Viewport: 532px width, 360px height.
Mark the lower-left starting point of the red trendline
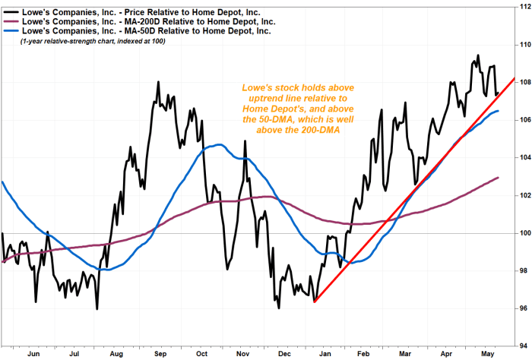[x=314, y=302]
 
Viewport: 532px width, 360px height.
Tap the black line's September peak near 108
[x=157, y=82]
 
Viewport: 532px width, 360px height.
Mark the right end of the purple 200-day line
[x=499, y=178]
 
